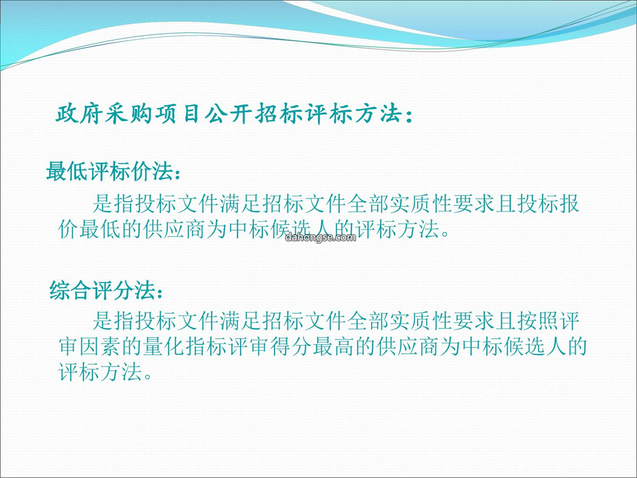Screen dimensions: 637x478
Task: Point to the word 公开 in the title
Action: point(228,113)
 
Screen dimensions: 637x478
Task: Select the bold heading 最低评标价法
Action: point(110,171)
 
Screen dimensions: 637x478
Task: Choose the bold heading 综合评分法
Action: point(102,290)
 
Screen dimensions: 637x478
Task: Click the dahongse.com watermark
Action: point(320,237)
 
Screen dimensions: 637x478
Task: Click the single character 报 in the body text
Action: point(569,204)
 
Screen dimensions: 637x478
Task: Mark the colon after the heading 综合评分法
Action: point(160,293)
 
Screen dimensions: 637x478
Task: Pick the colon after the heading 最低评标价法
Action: point(178,173)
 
